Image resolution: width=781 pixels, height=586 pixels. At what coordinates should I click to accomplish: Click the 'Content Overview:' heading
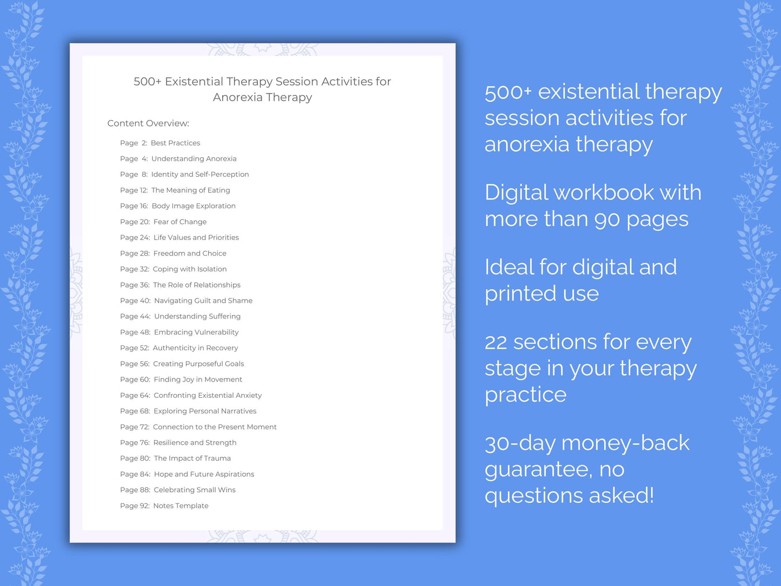148,123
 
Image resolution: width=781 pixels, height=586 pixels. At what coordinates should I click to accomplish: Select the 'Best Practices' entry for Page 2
175,143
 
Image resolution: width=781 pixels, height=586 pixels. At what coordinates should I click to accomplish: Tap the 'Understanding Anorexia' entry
193,159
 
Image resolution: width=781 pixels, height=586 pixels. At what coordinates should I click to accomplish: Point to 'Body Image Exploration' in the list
193,206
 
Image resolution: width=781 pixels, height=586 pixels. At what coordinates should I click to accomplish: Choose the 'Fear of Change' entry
180,222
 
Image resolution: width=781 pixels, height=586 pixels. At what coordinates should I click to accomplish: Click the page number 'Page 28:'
135,254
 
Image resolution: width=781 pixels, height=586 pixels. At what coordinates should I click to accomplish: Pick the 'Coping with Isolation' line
190,269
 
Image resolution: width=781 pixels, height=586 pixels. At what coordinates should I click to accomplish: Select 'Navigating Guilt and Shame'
203,301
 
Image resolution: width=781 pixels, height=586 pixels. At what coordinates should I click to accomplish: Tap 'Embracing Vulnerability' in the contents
196,332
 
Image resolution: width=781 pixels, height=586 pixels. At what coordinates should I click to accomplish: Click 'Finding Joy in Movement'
198,379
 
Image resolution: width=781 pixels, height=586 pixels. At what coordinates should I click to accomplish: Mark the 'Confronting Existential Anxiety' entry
208,395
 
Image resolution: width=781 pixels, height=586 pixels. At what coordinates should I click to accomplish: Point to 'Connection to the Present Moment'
215,427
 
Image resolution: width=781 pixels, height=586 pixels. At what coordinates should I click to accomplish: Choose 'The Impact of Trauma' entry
192,458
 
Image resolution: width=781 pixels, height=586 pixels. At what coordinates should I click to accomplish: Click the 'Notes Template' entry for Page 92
181,506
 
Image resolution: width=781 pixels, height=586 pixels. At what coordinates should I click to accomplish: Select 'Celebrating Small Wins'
195,490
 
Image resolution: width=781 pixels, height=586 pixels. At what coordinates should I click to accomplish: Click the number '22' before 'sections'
496,342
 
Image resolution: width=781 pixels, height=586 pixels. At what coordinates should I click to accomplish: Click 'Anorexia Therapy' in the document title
262,97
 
